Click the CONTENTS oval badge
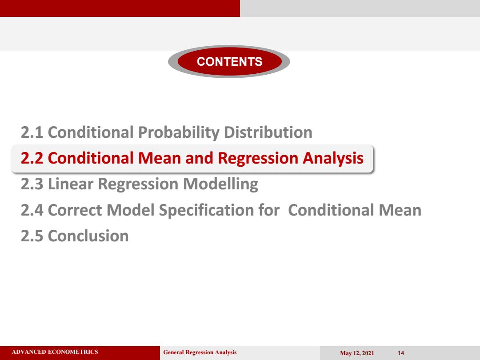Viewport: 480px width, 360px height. pyautogui.click(x=229, y=61)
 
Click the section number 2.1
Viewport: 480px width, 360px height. pyautogui.click(x=32, y=132)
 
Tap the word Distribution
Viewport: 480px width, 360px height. pyautogui.click(x=268, y=132)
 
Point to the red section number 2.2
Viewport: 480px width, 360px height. pyautogui.click(x=32, y=158)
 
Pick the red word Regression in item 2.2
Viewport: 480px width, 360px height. pyautogui.click(x=258, y=159)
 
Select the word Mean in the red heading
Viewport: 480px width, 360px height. pyautogui.click(x=160, y=158)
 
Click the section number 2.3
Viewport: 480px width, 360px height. pyautogui.click(x=32, y=184)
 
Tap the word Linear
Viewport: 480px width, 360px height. pyautogui.click(x=71, y=184)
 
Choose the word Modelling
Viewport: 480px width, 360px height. pyautogui.click(x=221, y=184)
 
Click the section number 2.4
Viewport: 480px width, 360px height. pyautogui.click(x=32, y=210)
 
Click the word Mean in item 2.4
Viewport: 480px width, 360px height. pyautogui.click(x=400, y=210)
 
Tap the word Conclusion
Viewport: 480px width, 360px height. pyautogui.click(x=88, y=236)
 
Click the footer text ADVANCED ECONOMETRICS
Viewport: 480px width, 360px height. pyautogui.click(x=55, y=352)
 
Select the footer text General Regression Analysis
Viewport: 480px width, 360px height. pyautogui.click(x=200, y=352)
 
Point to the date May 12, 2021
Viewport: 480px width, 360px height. pyautogui.click(x=357, y=353)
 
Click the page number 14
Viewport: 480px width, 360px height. pyautogui.click(x=401, y=353)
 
